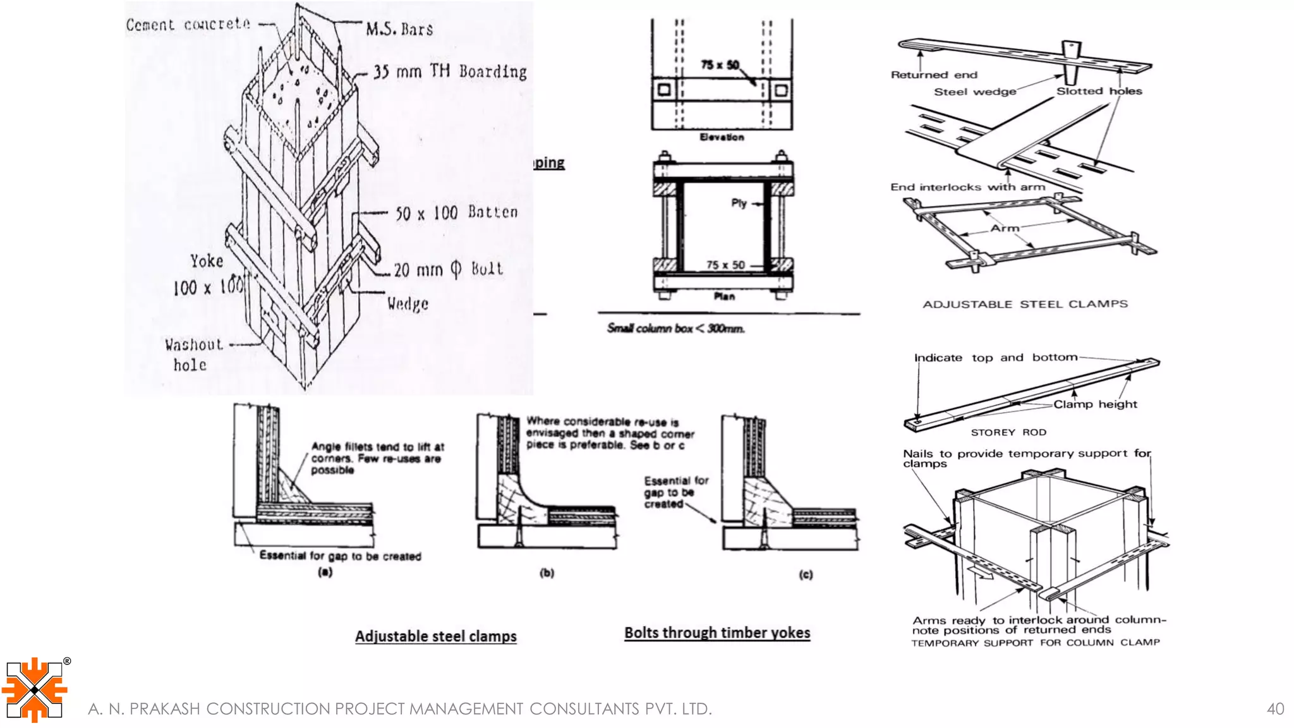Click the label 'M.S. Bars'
pos(399,29)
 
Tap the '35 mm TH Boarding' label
pos(449,71)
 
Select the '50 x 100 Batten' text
pos(456,213)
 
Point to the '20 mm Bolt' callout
pos(448,270)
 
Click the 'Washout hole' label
pos(193,355)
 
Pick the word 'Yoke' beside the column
pos(207,261)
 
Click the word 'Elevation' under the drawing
pos(722,137)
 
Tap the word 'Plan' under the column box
pos(724,296)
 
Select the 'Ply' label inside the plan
pos(739,203)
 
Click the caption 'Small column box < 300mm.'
pos(675,329)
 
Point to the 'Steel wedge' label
pos(975,92)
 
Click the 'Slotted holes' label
pos(1099,91)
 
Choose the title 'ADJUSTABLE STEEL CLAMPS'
pos(1025,304)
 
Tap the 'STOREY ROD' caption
pos(1008,432)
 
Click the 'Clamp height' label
pos(1095,404)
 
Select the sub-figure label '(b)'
pos(547,573)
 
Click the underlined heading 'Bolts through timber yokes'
pos(717,633)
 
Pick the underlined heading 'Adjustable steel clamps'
pos(435,636)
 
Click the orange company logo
pos(35,689)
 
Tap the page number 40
pos(1275,709)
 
